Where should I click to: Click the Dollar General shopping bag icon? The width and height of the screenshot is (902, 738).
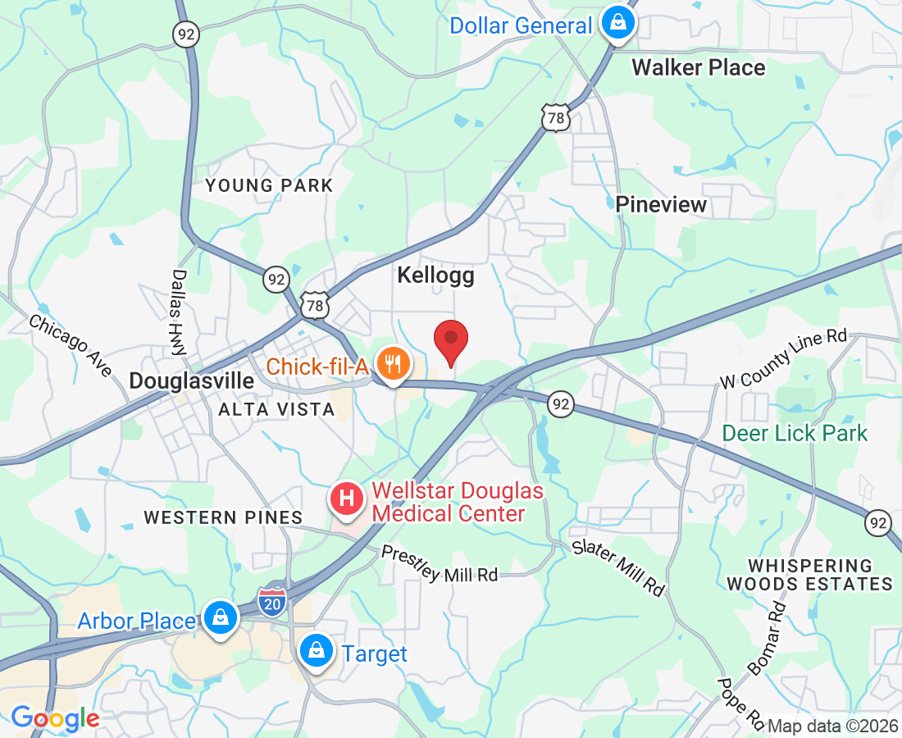[x=617, y=24]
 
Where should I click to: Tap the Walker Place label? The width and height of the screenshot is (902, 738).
[x=698, y=67]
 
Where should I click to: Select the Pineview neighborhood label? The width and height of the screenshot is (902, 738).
[x=661, y=204]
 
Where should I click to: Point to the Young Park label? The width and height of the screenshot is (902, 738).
[x=269, y=185]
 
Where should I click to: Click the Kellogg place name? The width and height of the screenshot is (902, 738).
[x=435, y=276]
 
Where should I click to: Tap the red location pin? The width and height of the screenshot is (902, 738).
[x=450, y=343]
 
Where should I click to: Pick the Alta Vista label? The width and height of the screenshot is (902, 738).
[x=276, y=409]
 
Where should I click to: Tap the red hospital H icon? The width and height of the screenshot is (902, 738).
[x=347, y=499]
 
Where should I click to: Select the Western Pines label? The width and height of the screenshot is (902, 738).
[x=223, y=517]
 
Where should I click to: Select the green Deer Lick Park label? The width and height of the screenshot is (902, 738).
[x=794, y=432]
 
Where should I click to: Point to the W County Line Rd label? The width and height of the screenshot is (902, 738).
[x=782, y=358]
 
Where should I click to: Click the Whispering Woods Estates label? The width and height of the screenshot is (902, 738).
[x=809, y=575]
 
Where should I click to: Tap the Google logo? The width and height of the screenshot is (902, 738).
[x=55, y=719]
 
